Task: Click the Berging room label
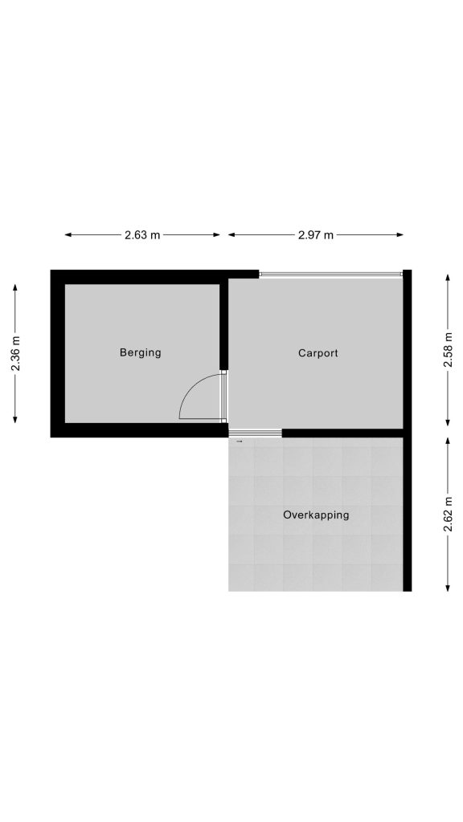[x=140, y=353]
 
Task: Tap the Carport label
[x=318, y=353]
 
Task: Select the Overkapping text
[x=316, y=515]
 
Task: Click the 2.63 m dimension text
[x=142, y=235]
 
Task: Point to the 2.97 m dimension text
[x=315, y=235]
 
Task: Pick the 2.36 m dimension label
[x=15, y=353]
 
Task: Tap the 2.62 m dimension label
[x=448, y=514]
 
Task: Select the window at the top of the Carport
[x=330, y=274]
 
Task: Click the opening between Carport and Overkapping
[x=256, y=433]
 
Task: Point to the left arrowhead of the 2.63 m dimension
[x=68, y=235]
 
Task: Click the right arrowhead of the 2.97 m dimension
[x=400, y=235]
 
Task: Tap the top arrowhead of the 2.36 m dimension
[x=15, y=288]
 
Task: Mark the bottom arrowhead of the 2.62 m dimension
[x=448, y=588]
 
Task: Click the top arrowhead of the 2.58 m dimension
[x=448, y=277]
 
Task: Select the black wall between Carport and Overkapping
[x=342, y=433]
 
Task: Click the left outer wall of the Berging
[x=58, y=353]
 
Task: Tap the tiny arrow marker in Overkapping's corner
[x=240, y=442]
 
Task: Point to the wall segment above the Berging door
[x=223, y=324]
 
